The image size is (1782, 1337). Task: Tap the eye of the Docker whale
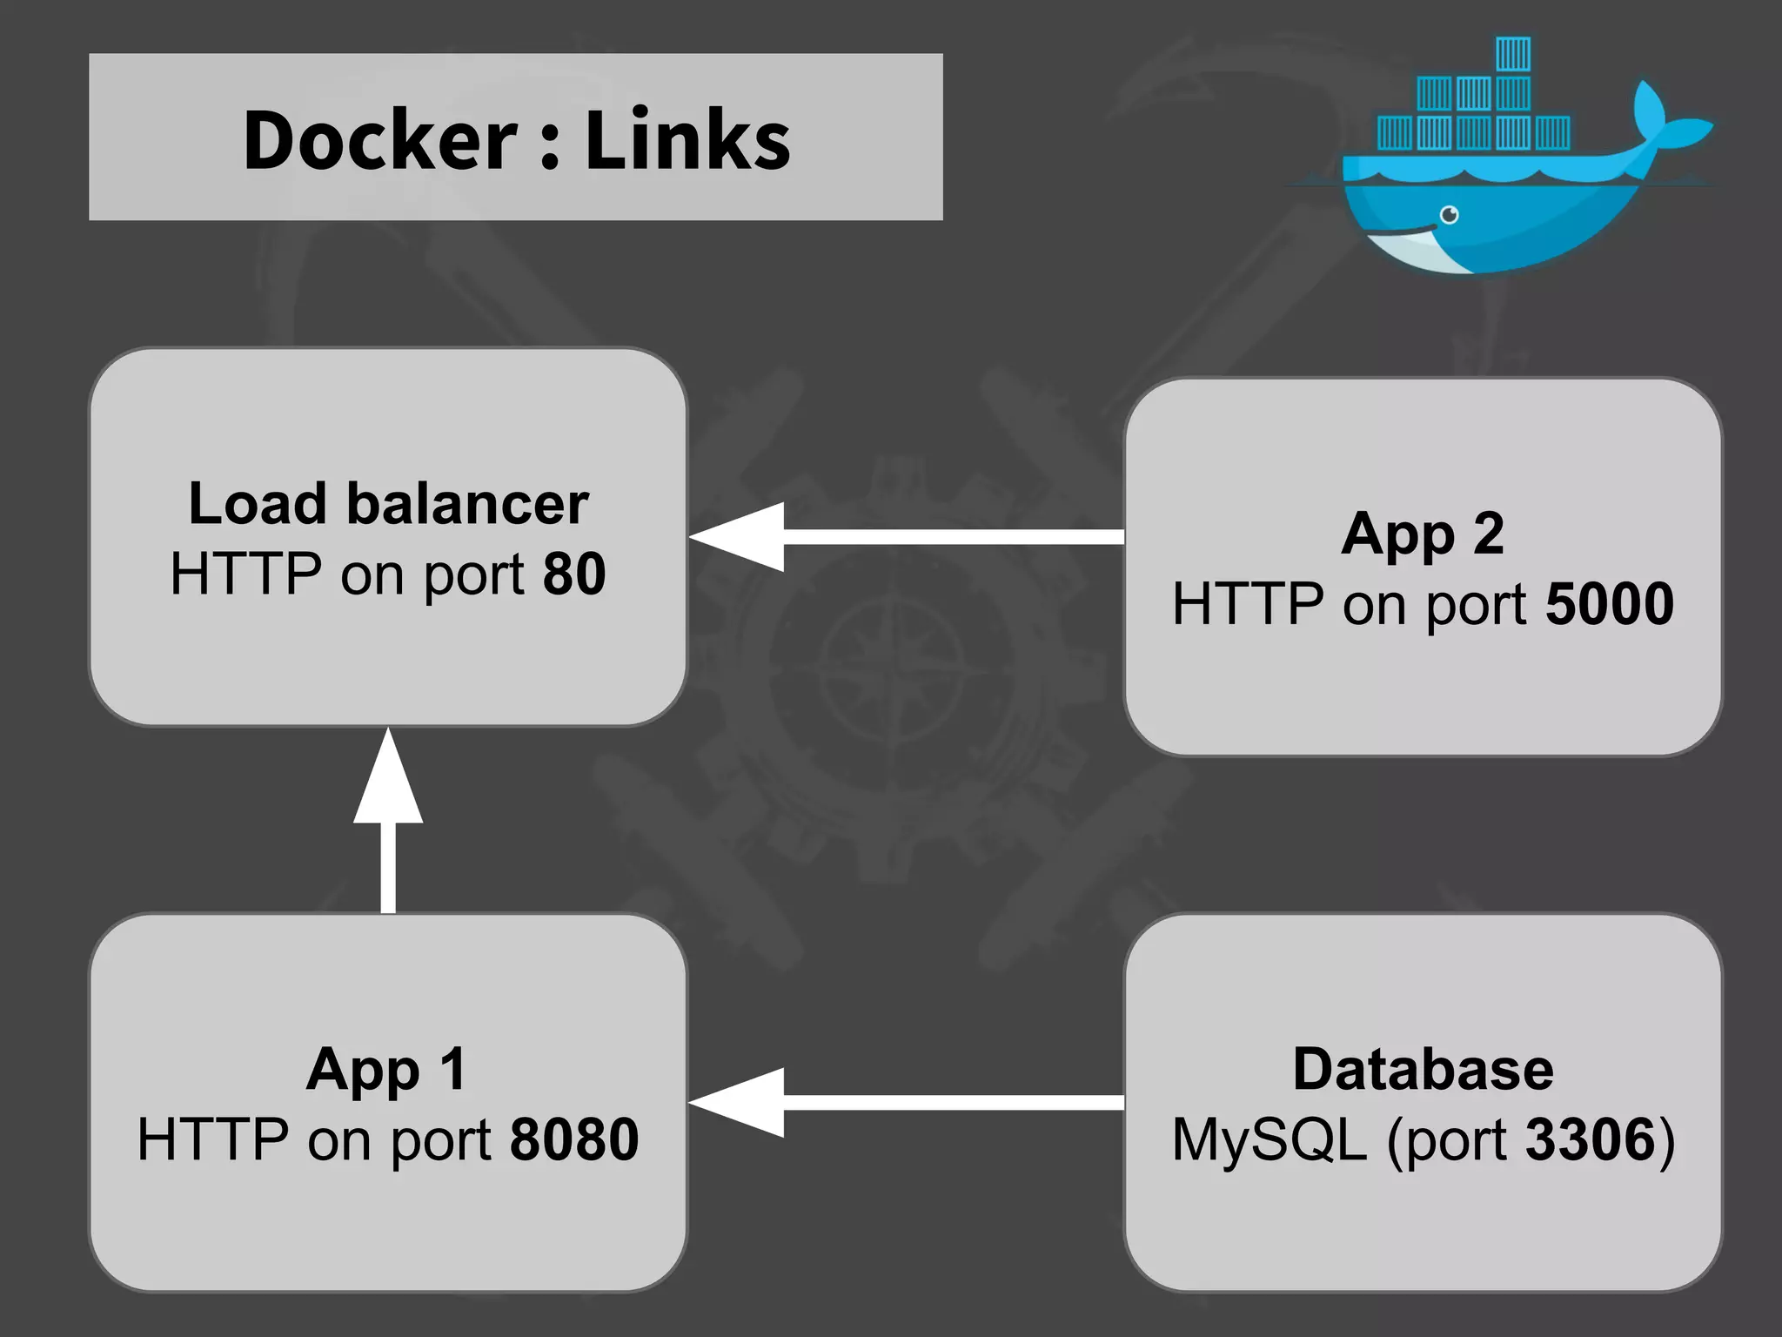click(x=1449, y=214)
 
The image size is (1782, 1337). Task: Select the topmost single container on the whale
click(x=1513, y=54)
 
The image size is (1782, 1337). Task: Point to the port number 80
click(x=574, y=574)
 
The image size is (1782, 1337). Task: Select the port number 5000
click(x=1609, y=604)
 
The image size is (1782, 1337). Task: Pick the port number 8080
click(x=574, y=1139)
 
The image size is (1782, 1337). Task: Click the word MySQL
click(x=1269, y=1139)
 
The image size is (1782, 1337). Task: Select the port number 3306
click(x=1591, y=1139)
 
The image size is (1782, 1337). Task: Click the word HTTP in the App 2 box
click(x=1247, y=604)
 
